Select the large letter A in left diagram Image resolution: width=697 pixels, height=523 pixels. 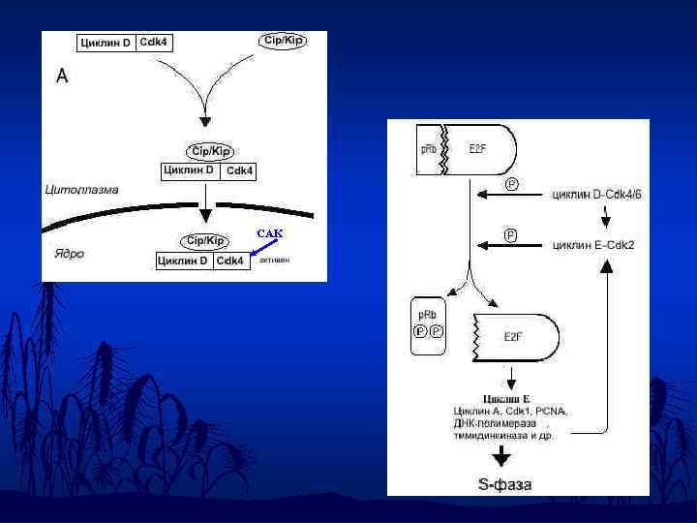click(x=62, y=76)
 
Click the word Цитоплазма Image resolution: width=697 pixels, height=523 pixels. click(x=81, y=190)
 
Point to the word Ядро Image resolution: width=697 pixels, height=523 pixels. click(x=68, y=254)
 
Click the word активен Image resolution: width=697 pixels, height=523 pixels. click(x=274, y=260)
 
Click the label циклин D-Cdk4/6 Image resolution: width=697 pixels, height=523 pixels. click(x=596, y=195)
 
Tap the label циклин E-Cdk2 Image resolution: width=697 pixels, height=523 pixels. click(x=593, y=244)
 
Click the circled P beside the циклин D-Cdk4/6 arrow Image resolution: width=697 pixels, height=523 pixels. click(x=511, y=183)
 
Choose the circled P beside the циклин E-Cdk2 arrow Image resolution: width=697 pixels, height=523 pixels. click(x=511, y=234)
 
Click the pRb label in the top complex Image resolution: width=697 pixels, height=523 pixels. click(x=428, y=149)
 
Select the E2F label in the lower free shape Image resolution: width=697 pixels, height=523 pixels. click(x=513, y=337)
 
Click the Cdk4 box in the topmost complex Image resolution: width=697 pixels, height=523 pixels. click(x=154, y=43)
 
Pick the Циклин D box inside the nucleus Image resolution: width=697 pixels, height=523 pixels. click(x=184, y=261)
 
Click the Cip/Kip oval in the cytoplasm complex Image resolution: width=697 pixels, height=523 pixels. click(x=210, y=151)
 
